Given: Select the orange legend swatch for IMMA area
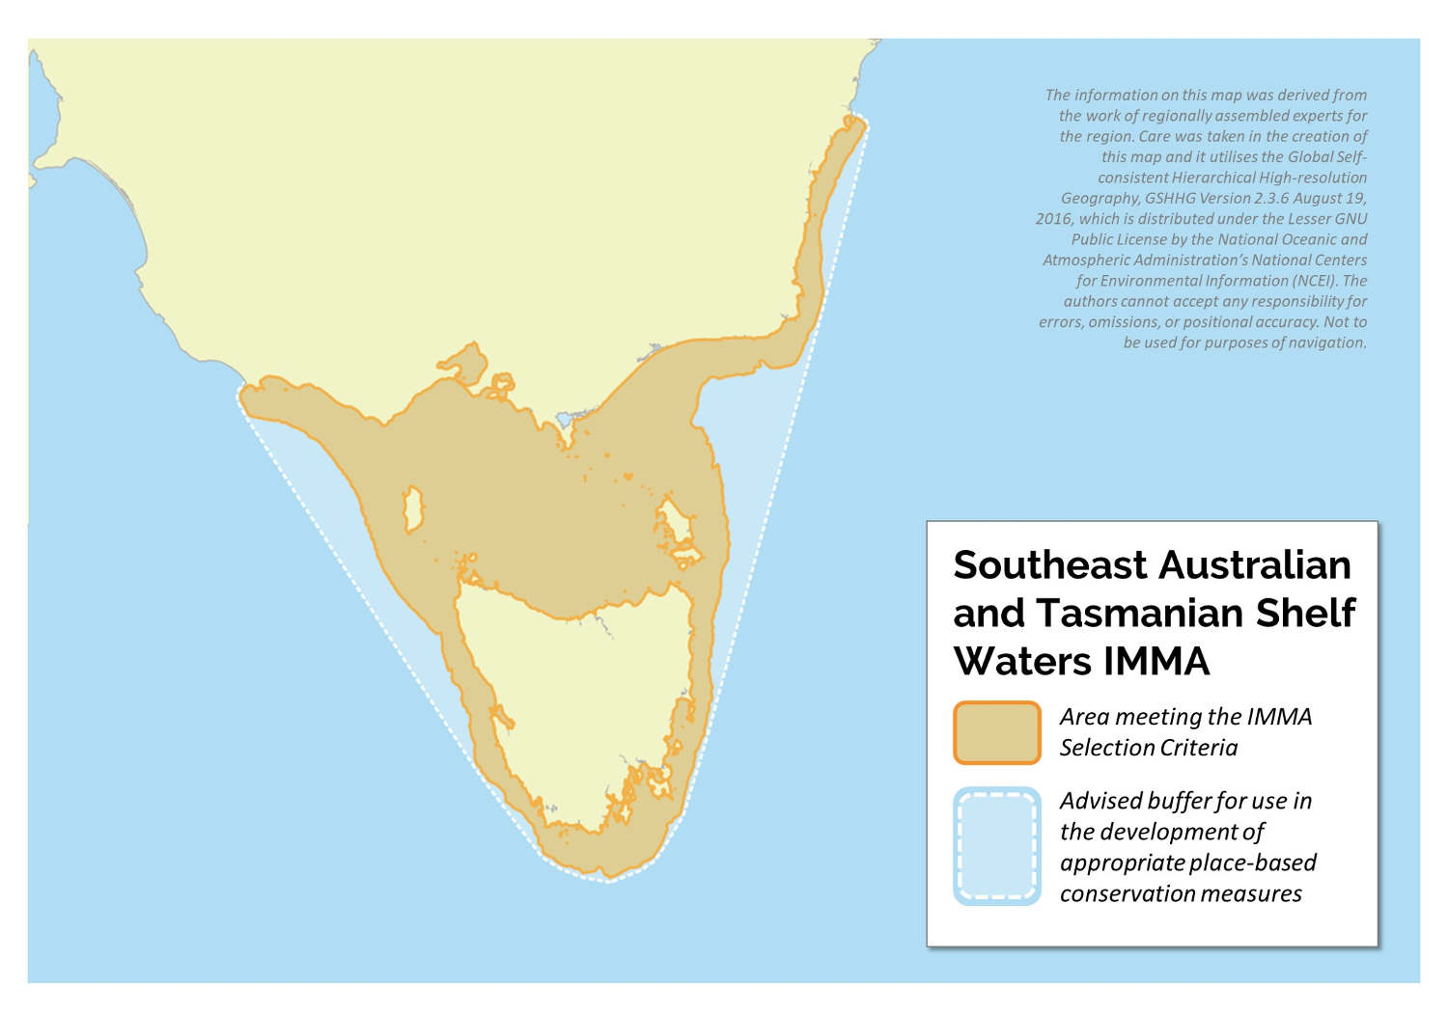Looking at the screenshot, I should coord(997,733).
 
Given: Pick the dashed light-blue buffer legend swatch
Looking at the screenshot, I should coord(997,846).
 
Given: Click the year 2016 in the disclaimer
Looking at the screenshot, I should coord(1053,219).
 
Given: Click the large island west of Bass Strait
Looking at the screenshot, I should coord(413,508).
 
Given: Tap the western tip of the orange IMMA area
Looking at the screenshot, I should coord(244,396).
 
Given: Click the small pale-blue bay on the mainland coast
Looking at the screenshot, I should coord(565,420).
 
